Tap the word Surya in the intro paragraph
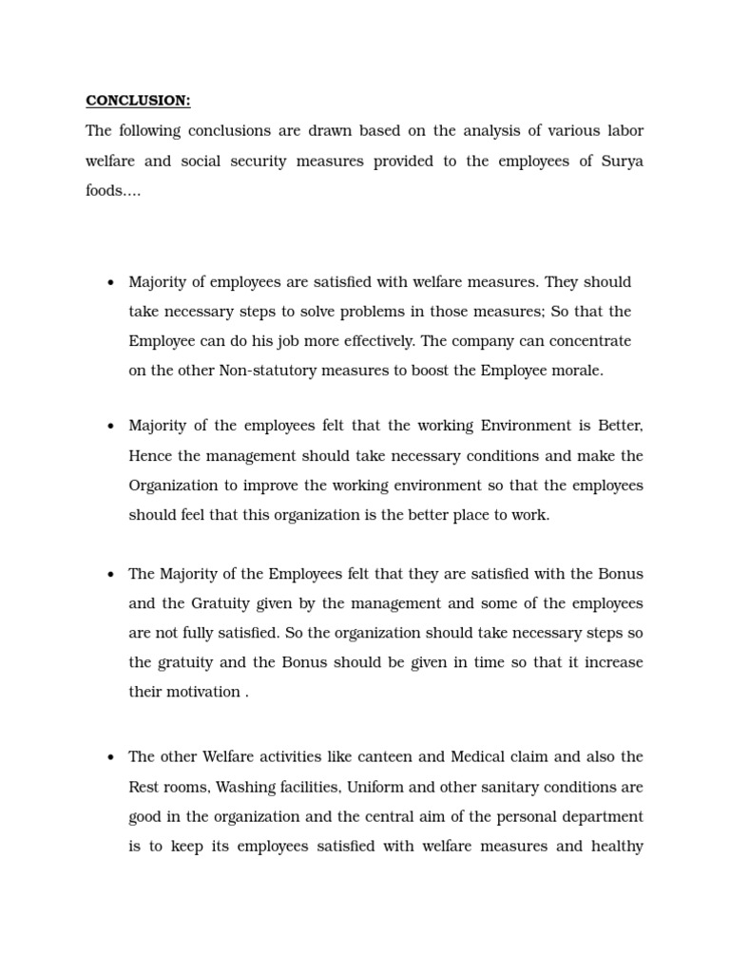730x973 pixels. tap(622, 161)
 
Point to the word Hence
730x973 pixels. tap(150, 456)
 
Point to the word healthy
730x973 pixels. tap(617, 846)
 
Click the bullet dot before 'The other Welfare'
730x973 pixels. tap(111, 758)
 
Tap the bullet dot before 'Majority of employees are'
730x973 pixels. tap(111, 283)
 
